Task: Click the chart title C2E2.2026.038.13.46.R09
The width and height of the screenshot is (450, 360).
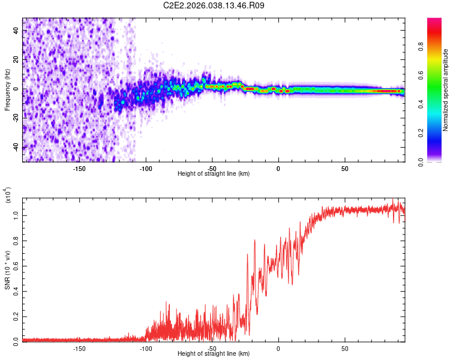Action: (214, 5)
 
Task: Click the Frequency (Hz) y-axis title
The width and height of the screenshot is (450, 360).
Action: (8, 90)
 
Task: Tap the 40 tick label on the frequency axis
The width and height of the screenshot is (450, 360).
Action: (17, 31)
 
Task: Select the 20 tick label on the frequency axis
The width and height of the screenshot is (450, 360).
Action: (17, 60)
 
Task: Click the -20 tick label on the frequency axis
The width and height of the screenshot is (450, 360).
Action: (17, 118)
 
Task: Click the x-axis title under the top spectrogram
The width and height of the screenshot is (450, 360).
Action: (214, 173)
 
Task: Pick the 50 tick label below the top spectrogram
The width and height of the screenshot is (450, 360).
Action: (344, 169)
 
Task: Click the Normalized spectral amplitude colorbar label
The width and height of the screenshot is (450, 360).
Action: (446, 90)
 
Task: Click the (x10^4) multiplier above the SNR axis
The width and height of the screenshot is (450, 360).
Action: (8, 195)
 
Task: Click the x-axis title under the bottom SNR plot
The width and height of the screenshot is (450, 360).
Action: (214, 353)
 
